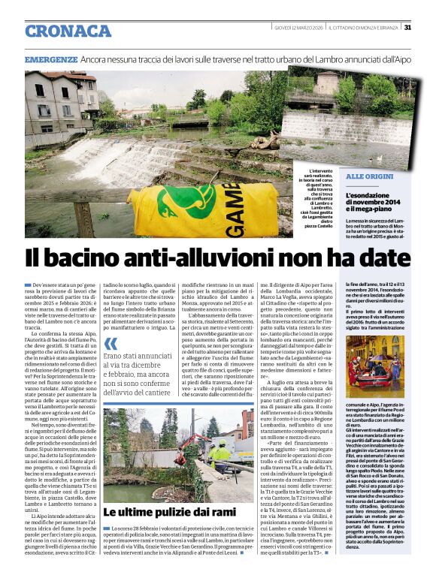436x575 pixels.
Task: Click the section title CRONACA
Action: [68, 31]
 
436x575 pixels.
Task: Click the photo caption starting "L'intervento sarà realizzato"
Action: [304, 197]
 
